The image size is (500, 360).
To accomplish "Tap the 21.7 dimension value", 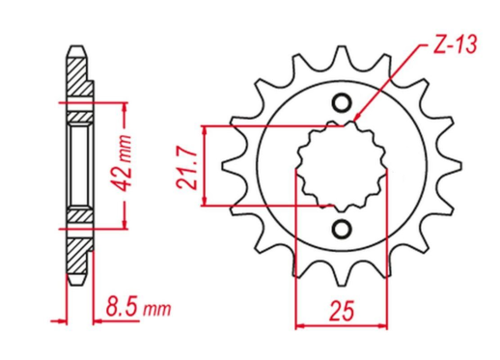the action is (186, 168).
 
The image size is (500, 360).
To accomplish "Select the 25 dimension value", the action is (341, 311).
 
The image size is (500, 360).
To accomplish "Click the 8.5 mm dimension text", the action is (138, 308).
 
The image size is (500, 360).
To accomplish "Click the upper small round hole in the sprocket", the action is (342, 103).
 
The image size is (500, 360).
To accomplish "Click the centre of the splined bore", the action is (342, 166).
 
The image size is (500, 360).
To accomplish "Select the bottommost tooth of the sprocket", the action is (342, 274).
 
